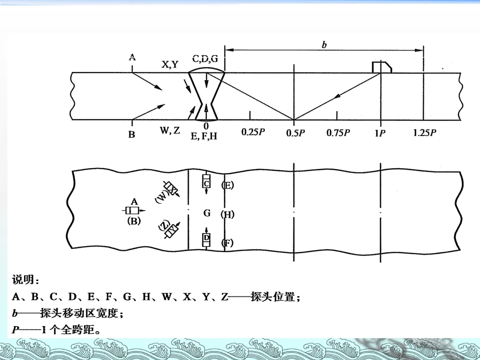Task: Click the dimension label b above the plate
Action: coord(324,44)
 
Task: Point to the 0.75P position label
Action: coord(338,132)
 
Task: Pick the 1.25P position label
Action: coord(425,132)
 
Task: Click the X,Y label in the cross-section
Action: coord(170,64)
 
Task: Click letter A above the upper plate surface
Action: coord(132,57)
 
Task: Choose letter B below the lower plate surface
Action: coord(132,134)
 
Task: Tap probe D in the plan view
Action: coord(206,239)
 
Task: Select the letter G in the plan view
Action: coord(207,213)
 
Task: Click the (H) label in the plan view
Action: coord(227,215)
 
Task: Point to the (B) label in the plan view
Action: coord(133,221)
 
